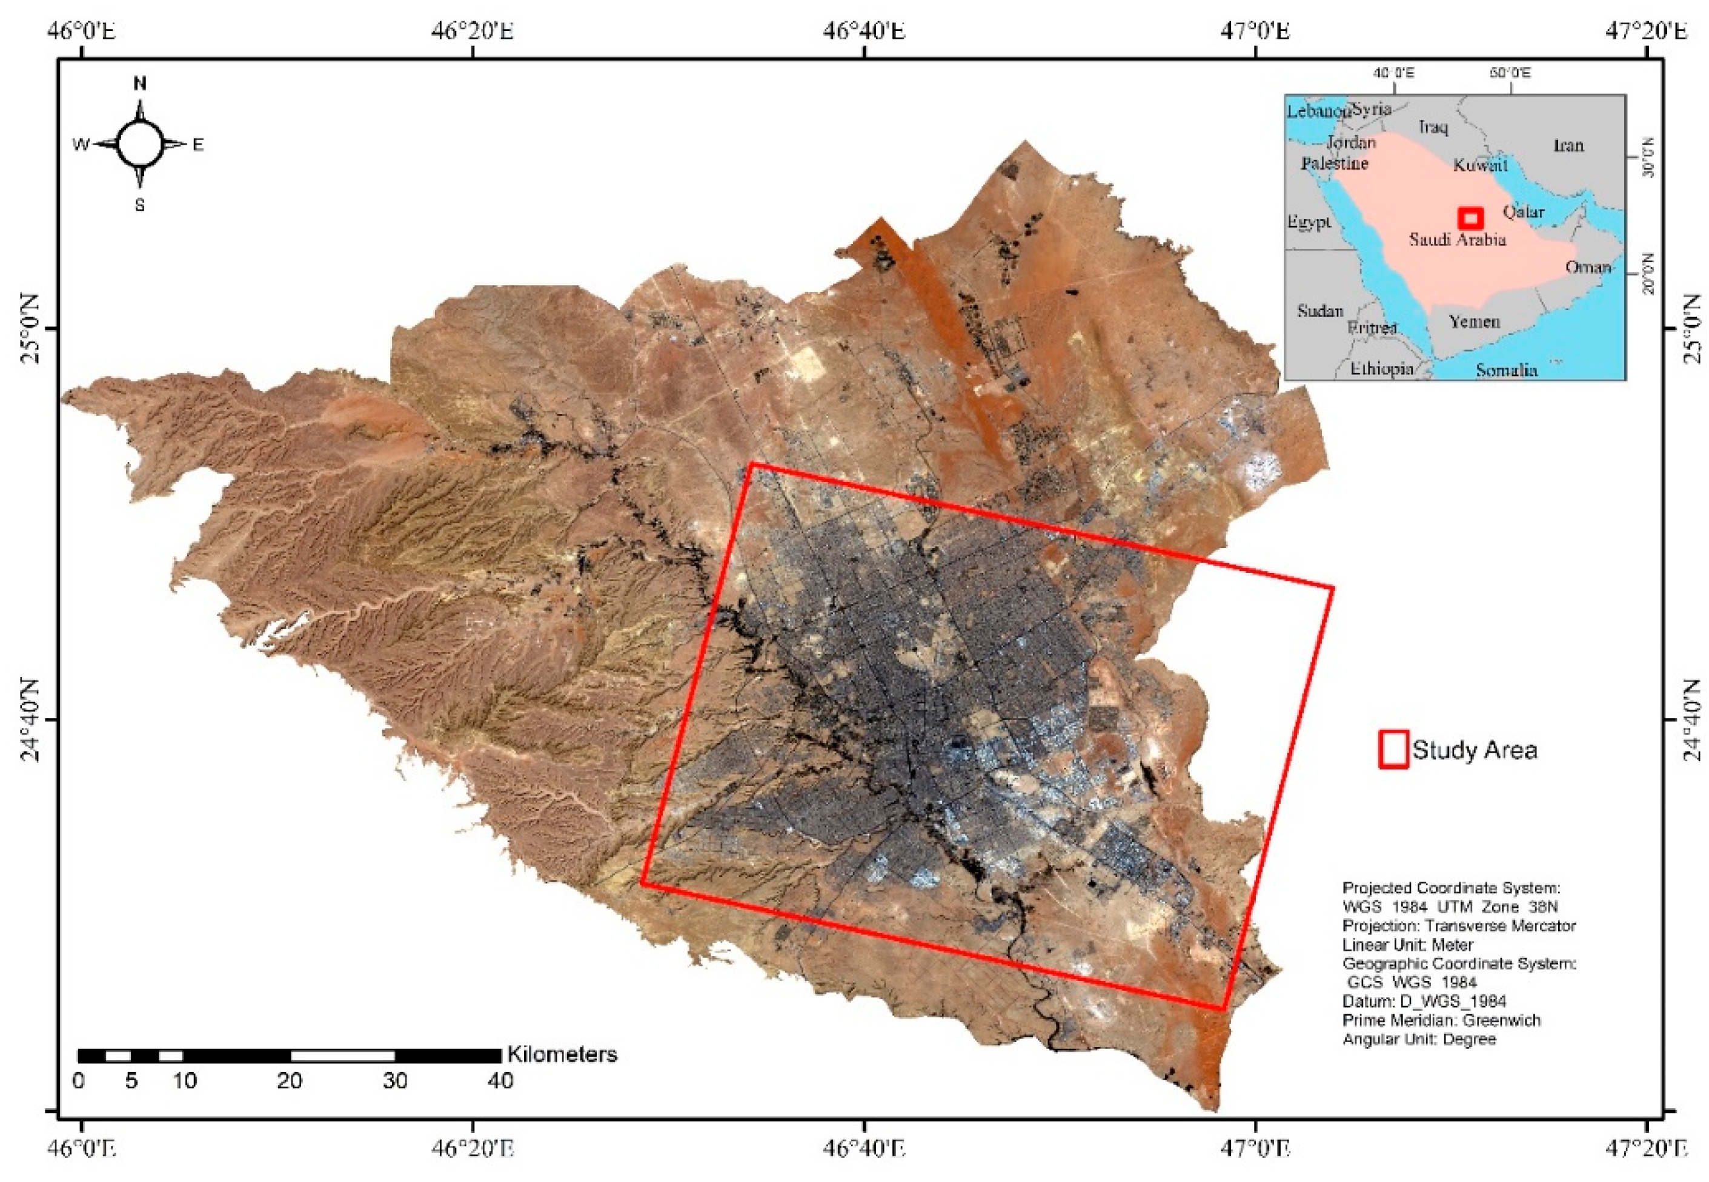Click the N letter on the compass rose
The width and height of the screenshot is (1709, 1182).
coord(139,84)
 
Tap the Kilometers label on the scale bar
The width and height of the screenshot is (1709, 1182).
coord(562,1054)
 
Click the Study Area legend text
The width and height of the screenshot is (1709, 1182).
coord(1475,750)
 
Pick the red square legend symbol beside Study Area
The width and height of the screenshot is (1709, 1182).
coord(1393,750)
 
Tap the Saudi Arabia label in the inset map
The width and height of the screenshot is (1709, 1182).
coord(1457,239)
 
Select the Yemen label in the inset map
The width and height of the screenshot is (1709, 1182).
coord(1474,322)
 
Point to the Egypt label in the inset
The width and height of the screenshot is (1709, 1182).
coord(1309,220)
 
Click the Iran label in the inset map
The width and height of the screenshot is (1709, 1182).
coord(1568,145)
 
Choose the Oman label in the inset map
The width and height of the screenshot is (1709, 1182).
coord(1588,266)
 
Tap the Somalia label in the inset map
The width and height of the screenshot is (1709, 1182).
coord(1506,369)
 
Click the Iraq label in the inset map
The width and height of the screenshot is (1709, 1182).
coord(1433,127)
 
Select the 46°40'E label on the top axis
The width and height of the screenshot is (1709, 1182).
coord(865,31)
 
